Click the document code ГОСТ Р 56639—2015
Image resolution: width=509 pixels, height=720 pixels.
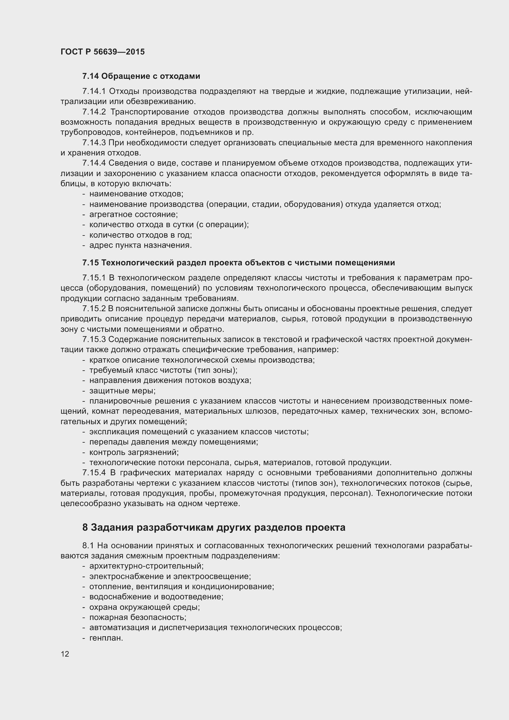click(102, 52)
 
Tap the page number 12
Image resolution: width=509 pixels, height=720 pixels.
click(65, 654)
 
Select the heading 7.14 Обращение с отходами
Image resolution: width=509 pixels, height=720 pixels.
click(141, 76)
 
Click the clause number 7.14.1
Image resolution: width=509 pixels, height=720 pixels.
click(94, 91)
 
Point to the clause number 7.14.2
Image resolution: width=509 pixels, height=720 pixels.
click(94, 112)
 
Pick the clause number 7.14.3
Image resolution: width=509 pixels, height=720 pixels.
click(94, 143)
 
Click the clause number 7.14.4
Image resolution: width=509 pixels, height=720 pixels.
click(94, 163)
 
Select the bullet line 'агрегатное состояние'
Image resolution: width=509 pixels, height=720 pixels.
click(134, 215)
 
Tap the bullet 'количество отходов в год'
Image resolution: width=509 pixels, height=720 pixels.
click(141, 235)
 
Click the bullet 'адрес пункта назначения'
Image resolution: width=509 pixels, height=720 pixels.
click(140, 245)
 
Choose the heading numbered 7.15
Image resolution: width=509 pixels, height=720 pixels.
click(238, 263)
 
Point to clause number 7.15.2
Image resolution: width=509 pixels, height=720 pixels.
click(94, 309)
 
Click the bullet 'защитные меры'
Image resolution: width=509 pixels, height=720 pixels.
click(122, 391)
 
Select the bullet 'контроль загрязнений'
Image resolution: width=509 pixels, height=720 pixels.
click(134, 453)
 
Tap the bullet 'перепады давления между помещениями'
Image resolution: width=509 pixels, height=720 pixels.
click(174, 442)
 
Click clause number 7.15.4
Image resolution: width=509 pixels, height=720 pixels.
click(94, 473)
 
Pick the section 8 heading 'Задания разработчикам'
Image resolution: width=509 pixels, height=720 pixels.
click(214, 528)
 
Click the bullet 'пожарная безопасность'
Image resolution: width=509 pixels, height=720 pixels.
click(138, 617)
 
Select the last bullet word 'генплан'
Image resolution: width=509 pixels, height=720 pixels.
click(106, 638)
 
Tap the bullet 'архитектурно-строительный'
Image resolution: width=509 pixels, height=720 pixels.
click(146, 566)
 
